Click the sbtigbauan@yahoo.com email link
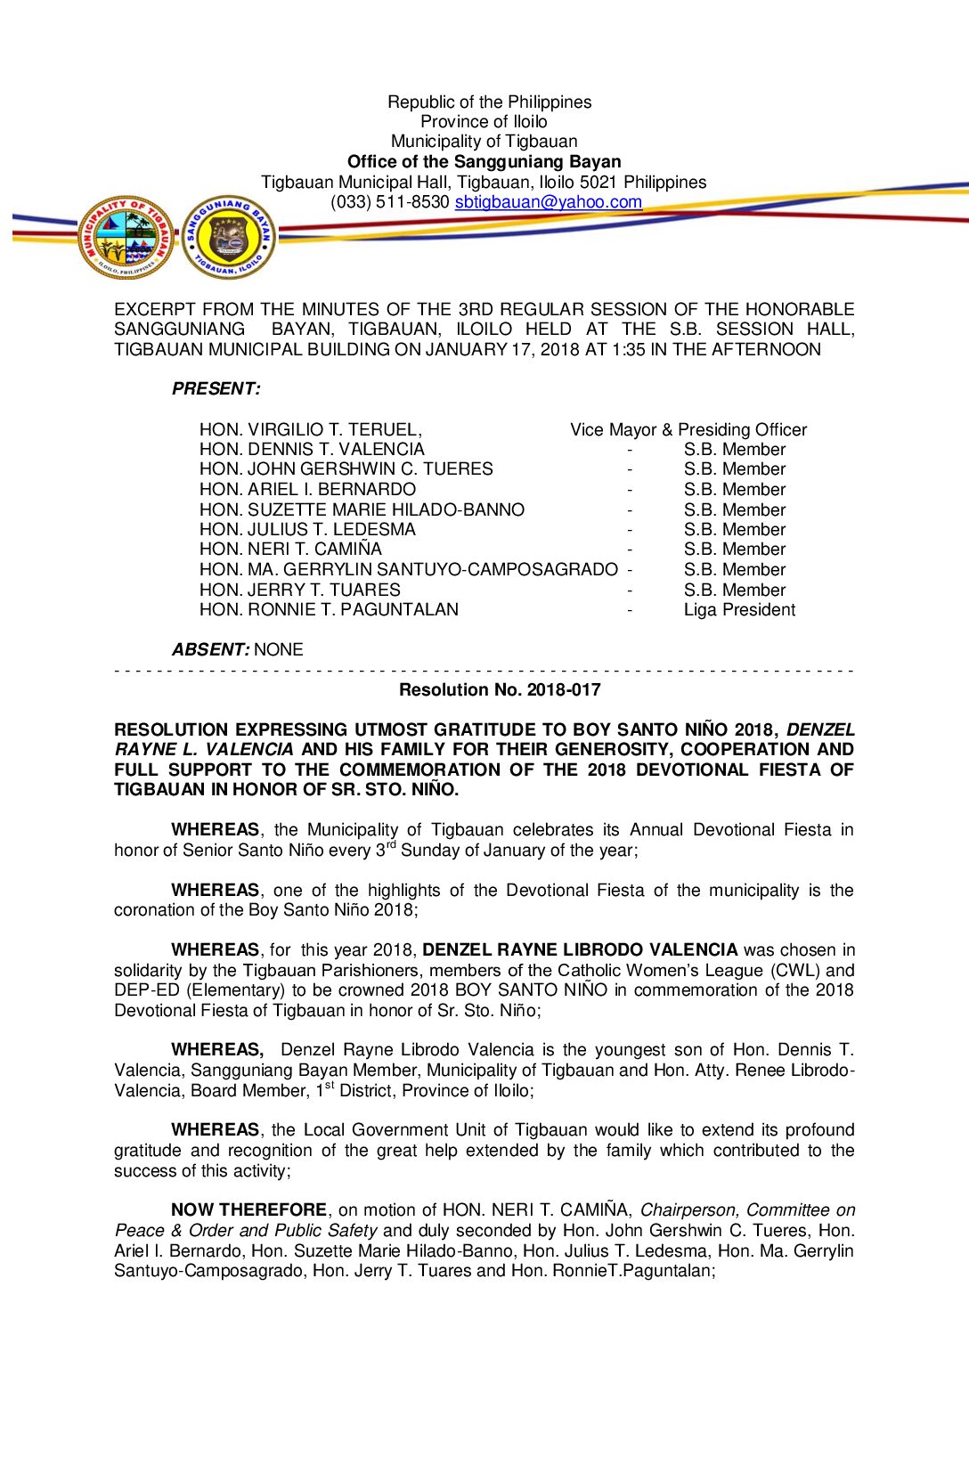[548, 202]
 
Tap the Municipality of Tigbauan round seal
[126, 237]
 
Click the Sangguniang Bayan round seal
[230, 237]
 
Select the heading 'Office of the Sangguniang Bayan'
[484, 161]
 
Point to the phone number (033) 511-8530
[389, 202]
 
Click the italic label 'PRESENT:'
[216, 389]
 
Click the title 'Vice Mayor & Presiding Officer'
[688, 430]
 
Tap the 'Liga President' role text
[739, 610]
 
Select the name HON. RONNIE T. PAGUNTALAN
[329, 610]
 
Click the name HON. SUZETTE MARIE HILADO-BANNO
[362, 510]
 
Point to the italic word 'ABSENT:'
[210, 650]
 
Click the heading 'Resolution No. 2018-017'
[500, 690]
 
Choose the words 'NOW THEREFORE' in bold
[248, 1210]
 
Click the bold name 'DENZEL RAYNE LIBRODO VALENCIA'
[580, 950]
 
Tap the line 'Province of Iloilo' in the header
[484, 122]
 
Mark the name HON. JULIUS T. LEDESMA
[307, 530]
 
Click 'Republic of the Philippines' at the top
[489, 102]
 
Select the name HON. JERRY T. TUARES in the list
[299, 590]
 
